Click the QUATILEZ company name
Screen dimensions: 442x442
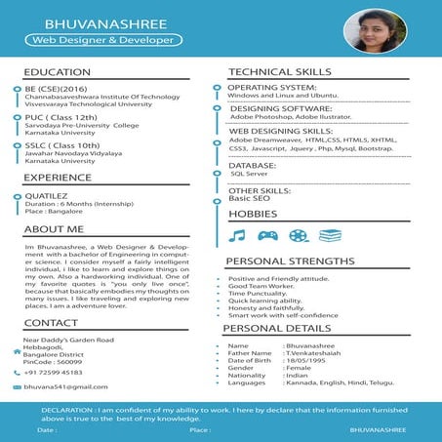48,195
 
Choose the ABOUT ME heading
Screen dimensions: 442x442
54,228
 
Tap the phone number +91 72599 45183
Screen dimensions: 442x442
60,372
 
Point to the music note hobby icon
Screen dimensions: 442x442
237,235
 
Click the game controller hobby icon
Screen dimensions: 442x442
267,235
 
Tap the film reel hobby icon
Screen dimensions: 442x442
298,235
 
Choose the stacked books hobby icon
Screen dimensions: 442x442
330,235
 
